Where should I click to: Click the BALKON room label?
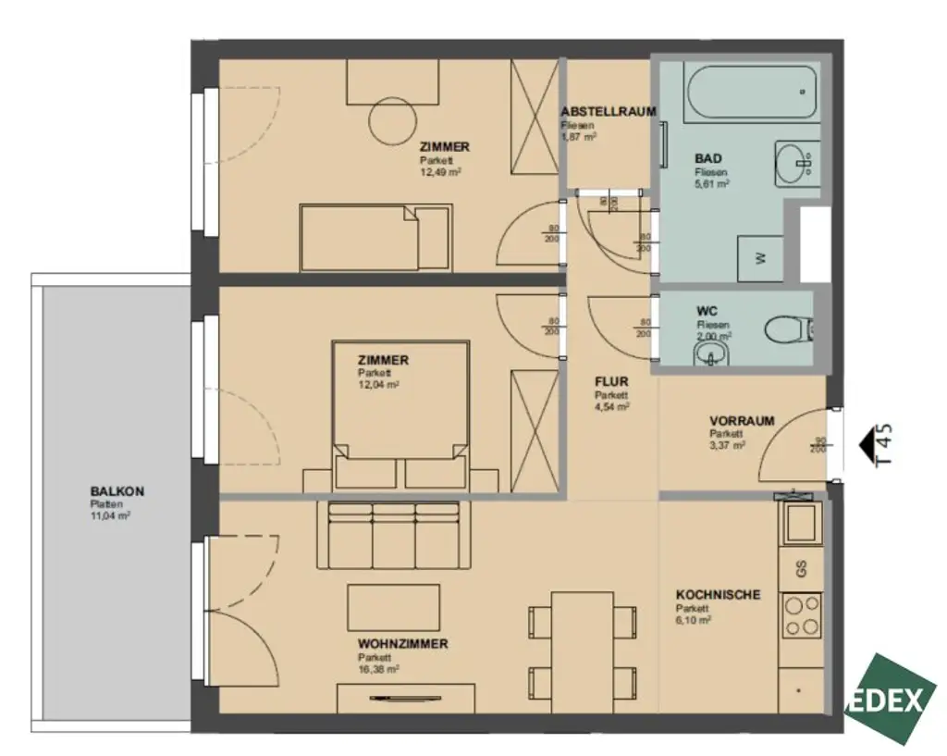117,491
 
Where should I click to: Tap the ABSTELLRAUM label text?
608,111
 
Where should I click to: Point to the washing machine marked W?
760,259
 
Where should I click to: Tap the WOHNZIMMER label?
403,643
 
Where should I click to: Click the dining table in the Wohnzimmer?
582,641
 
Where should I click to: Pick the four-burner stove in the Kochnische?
801,614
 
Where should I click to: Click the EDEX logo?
889,699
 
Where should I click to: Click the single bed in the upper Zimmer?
375,238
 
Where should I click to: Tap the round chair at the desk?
393,121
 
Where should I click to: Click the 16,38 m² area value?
378,668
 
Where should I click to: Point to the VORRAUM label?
742,420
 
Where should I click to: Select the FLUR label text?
611,380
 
